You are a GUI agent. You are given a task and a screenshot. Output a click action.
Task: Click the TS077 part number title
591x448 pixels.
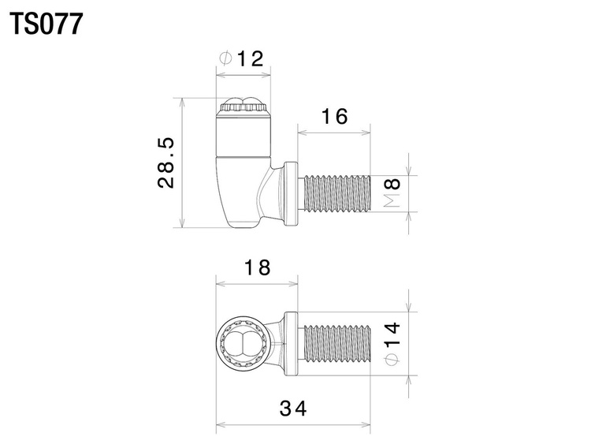pyautogui.click(x=46, y=24)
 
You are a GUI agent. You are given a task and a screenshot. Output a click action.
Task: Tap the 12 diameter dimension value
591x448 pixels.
pyautogui.click(x=250, y=59)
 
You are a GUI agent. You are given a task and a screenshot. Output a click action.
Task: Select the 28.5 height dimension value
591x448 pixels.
pyautogui.click(x=165, y=162)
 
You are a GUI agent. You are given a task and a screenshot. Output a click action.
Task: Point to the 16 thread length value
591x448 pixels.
pyautogui.click(x=334, y=116)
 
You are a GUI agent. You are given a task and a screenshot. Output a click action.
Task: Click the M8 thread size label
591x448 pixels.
pyautogui.click(x=392, y=192)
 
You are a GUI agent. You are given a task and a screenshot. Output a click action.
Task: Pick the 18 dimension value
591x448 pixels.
pyautogui.click(x=257, y=267)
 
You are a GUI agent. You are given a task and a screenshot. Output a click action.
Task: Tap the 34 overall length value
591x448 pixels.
pyautogui.click(x=293, y=409)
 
